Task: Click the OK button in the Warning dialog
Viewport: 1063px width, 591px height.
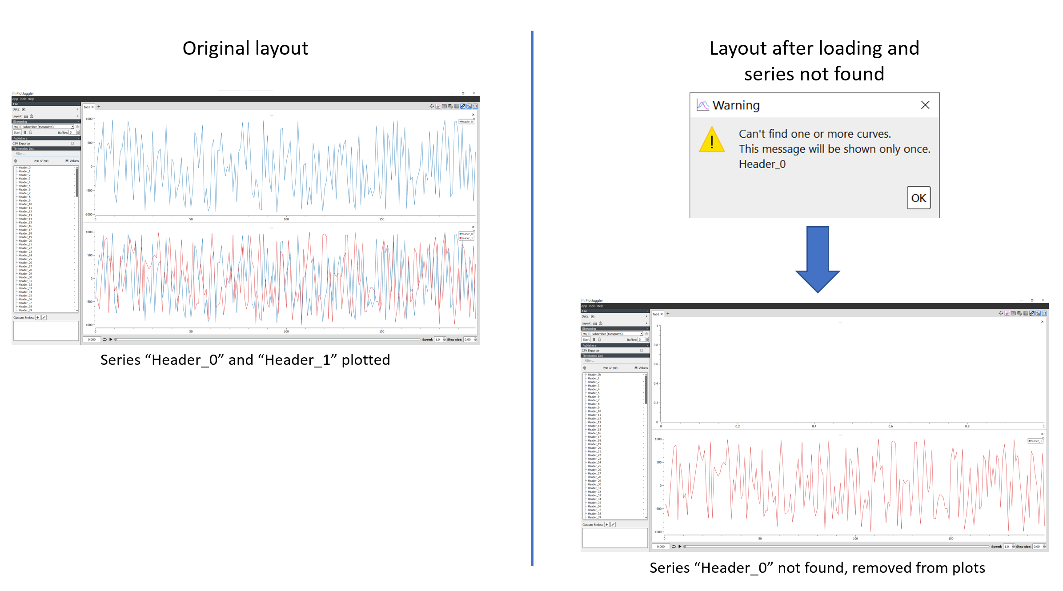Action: click(x=918, y=198)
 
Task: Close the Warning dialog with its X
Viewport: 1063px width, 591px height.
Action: click(x=925, y=105)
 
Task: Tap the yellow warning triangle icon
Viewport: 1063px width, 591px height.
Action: click(x=711, y=140)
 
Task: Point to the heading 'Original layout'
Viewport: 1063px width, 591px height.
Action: click(x=245, y=48)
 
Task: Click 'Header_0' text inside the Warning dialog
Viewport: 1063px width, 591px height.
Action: click(x=762, y=164)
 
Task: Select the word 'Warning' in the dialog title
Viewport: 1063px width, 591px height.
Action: click(x=736, y=105)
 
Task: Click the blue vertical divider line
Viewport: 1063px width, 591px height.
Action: click(x=532, y=298)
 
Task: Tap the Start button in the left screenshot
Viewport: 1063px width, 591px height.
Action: click(x=17, y=132)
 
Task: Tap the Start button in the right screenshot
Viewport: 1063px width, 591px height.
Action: click(x=586, y=339)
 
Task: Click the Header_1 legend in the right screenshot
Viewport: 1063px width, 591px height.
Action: click(x=1035, y=441)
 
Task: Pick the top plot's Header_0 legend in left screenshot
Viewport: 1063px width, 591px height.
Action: click(x=466, y=121)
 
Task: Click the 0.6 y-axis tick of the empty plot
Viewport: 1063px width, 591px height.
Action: click(x=656, y=364)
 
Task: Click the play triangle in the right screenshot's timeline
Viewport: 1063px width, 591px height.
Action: click(x=680, y=547)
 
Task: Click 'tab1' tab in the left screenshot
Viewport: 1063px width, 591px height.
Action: click(x=87, y=107)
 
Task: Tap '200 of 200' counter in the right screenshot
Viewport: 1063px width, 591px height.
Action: click(x=610, y=368)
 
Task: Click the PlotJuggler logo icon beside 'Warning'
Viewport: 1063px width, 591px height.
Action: click(x=702, y=105)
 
